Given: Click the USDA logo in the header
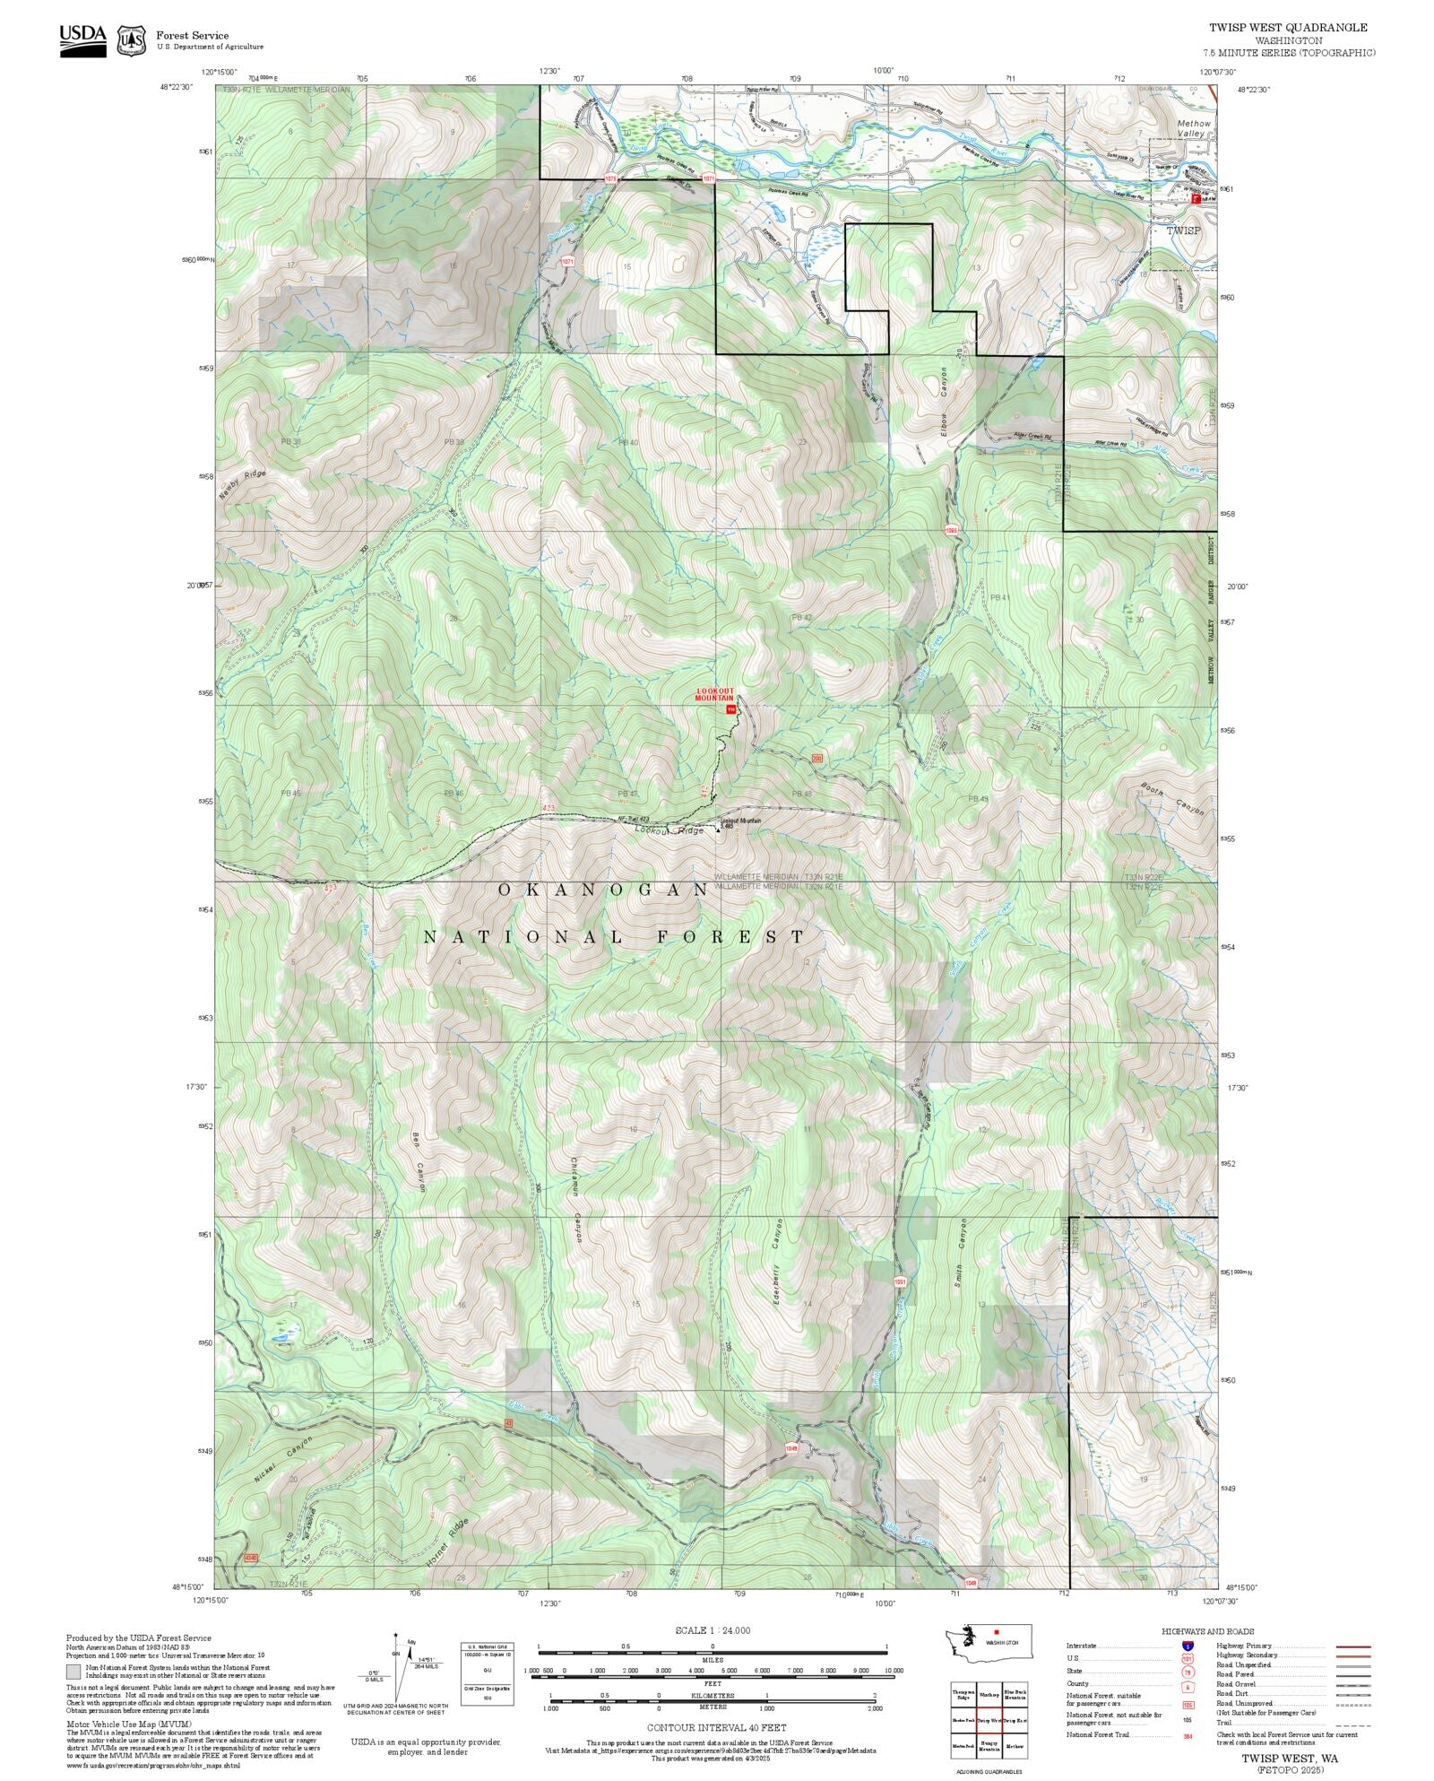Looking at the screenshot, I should [82, 40].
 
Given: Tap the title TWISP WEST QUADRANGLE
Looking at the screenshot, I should [1288, 28].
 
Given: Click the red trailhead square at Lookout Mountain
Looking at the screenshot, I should [730, 709].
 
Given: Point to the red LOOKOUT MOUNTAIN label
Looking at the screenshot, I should [715, 694].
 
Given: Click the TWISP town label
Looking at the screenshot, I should [1183, 230].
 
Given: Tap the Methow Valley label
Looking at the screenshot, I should [1193, 128].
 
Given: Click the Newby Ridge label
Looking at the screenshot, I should [242, 485].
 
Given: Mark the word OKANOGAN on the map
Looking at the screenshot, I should [603, 890].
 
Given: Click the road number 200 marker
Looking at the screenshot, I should [816, 760].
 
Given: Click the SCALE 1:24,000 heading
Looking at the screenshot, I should [713, 1630].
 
